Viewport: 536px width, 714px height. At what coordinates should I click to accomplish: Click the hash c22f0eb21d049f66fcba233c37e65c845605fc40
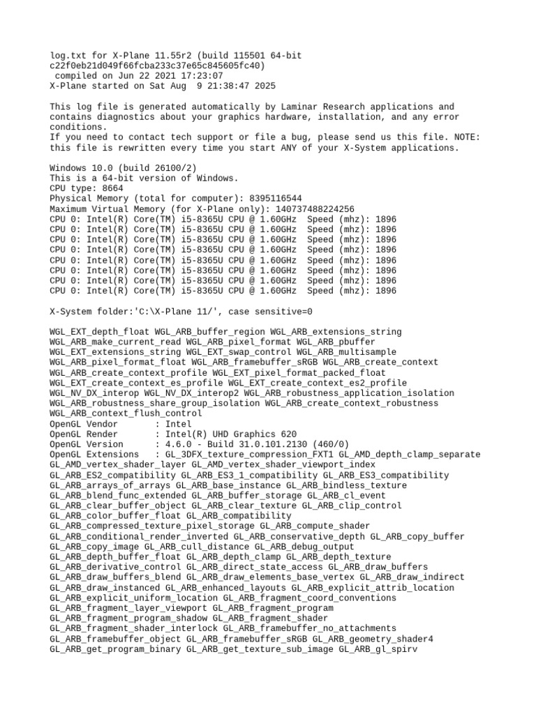coord(157,66)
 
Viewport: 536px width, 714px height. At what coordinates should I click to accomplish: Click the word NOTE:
coord(465,137)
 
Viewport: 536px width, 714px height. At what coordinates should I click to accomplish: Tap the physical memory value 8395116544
coord(275,199)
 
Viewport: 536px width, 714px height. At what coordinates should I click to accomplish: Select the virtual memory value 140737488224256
coord(314,209)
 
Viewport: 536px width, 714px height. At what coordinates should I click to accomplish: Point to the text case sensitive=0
coord(275,312)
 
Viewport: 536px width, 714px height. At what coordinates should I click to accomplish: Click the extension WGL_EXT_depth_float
coord(100,332)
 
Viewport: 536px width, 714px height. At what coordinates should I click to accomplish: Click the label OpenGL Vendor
coord(84,424)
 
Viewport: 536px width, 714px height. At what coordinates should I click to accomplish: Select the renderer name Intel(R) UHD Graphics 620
coord(231,434)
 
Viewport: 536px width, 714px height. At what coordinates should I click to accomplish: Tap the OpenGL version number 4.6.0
coord(181,444)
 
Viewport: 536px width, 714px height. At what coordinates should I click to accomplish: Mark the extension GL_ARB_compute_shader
coord(315,526)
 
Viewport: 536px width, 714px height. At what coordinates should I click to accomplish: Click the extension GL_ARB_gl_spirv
coord(378,648)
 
